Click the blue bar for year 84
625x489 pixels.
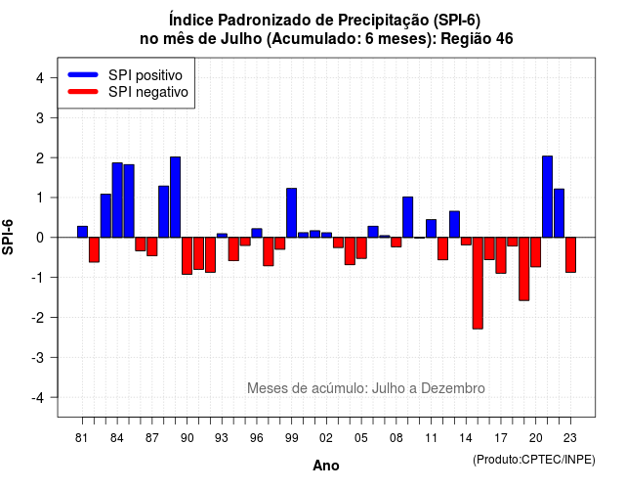(117, 200)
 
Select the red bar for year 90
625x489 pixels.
(187, 256)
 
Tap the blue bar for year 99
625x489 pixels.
(291, 213)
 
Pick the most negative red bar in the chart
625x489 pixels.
(478, 283)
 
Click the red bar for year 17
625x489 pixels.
(501, 255)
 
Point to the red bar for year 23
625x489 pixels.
(570, 255)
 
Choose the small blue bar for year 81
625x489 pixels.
(82, 232)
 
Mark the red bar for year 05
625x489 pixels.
(361, 247)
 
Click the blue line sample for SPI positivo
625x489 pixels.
(83, 74)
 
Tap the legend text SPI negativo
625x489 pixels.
(148, 92)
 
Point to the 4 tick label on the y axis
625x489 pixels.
(40, 78)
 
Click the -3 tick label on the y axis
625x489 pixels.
(38, 357)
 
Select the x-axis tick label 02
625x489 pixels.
(325, 438)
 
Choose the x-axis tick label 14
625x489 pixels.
(466, 438)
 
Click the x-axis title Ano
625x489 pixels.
(326, 466)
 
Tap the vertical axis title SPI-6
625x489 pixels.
(8, 237)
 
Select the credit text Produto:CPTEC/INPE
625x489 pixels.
(534, 460)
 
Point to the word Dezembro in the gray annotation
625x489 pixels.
(453, 388)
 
